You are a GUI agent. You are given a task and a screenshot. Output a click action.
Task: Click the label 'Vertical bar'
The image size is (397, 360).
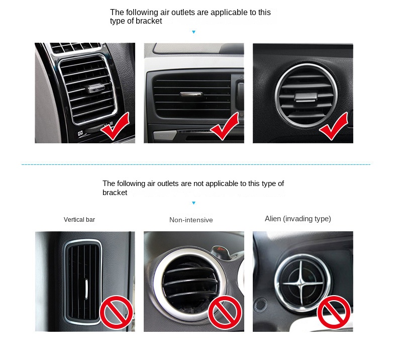pyautogui.click(x=79, y=220)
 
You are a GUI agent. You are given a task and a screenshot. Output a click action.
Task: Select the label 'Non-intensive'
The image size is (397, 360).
pyautogui.click(x=191, y=220)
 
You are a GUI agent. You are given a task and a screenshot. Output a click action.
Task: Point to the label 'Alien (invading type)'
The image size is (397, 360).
pyautogui.click(x=297, y=219)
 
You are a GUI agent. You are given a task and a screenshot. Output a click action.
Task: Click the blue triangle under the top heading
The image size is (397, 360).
pyautogui.click(x=193, y=32)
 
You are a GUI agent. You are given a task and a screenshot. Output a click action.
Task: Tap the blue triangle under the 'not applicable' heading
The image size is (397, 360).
pyautogui.click(x=193, y=203)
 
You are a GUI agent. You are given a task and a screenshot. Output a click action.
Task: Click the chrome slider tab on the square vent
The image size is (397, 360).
pyautogui.click(x=94, y=89)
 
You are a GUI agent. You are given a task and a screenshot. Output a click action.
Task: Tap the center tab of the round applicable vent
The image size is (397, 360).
pyautogui.click(x=303, y=97)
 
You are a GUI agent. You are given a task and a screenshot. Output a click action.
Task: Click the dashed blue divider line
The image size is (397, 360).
pyautogui.click(x=196, y=164)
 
